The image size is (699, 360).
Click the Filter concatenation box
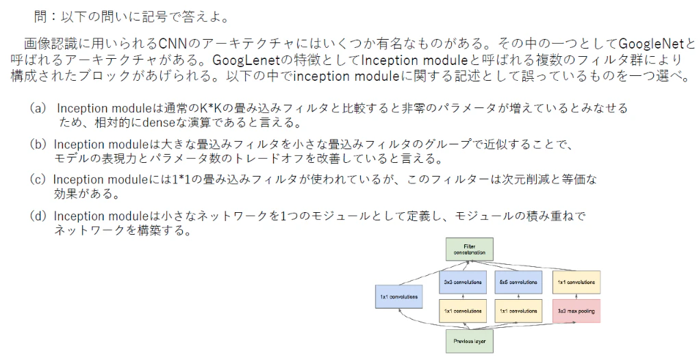coord(470,249)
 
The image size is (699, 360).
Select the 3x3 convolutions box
coord(462,282)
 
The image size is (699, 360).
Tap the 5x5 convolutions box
coord(518,282)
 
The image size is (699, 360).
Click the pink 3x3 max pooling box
coord(576,311)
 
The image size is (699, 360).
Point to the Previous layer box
coord(470,342)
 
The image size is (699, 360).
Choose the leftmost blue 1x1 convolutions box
coord(399,297)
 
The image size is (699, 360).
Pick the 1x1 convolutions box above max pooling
coord(576,282)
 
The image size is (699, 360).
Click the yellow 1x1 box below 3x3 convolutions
coord(462,311)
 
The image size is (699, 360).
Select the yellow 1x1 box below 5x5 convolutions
coord(518,311)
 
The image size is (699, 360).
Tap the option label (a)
coord(38,108)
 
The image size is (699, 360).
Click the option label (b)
coord(38,144)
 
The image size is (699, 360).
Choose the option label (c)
coord(38,179)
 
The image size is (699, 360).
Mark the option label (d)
coord(38,216)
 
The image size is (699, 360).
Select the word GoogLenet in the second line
coord(246,60)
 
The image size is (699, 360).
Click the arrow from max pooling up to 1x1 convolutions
coord(576,297)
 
